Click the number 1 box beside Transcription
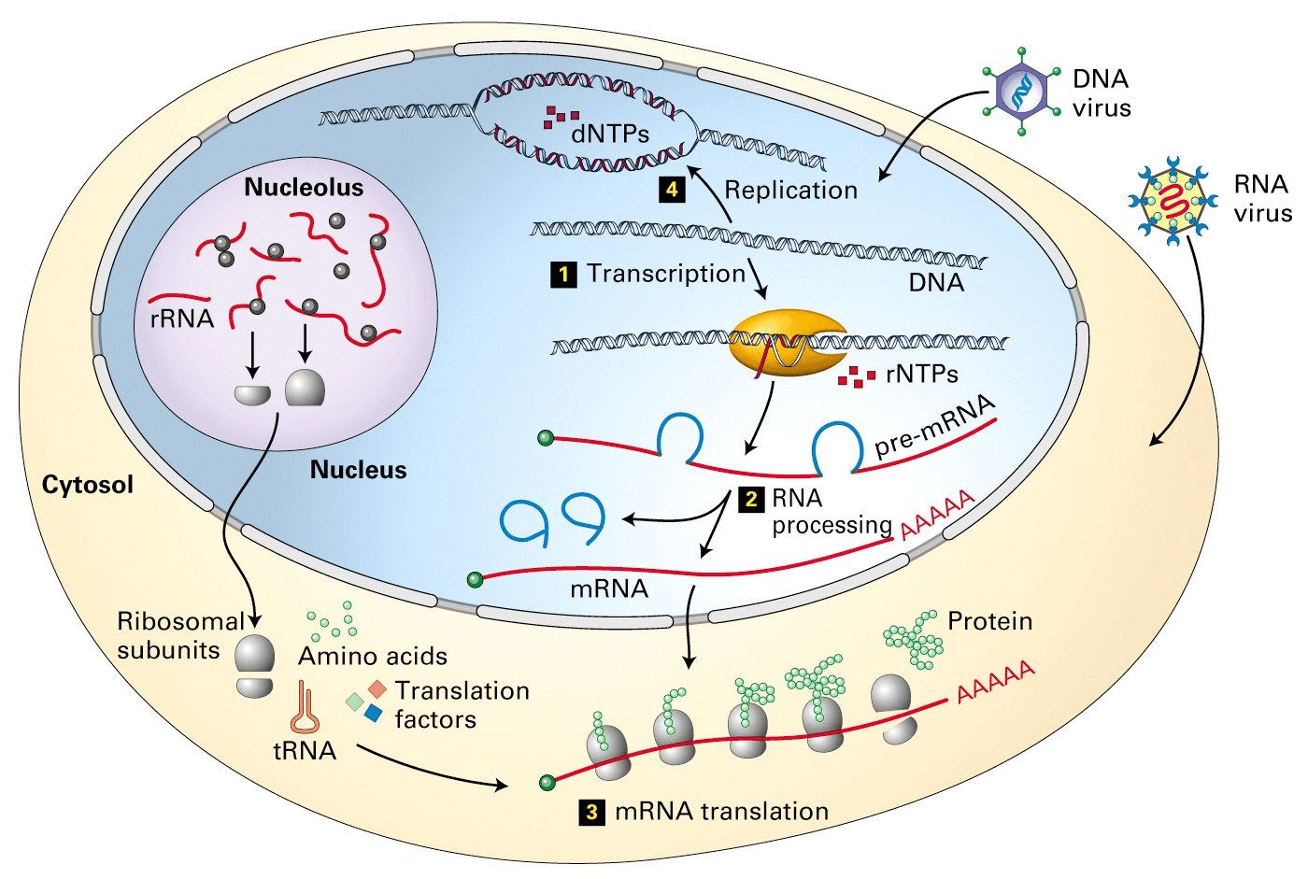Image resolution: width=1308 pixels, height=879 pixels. coord(563,275)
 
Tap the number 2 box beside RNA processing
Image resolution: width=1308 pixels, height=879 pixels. coord(751,499)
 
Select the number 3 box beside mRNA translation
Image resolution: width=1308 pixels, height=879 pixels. coord(592,812)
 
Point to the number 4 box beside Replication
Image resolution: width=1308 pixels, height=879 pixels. coord(672,190)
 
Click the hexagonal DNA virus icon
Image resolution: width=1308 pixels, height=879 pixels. coord(1022,92)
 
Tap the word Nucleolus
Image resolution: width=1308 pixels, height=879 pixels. coord(304,188)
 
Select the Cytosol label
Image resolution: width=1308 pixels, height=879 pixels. coord(88,485)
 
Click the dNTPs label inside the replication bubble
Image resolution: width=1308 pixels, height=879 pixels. coord(610,135)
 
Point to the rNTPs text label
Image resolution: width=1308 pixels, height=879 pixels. coord(922,375)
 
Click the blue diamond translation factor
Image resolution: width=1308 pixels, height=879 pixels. coord(373,713)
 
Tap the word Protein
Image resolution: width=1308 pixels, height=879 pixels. coord(990,621)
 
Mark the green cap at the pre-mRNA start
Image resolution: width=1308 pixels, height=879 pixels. coord(546,438)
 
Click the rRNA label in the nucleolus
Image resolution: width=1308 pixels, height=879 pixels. coord(182,319)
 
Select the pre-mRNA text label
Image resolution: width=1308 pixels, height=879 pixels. coord(935,426)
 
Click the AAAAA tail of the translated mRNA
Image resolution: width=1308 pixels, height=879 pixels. coord(996,682)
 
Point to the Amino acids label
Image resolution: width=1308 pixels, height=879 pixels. coord(373,657)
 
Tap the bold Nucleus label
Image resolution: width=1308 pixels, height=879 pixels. coord(358,470)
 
